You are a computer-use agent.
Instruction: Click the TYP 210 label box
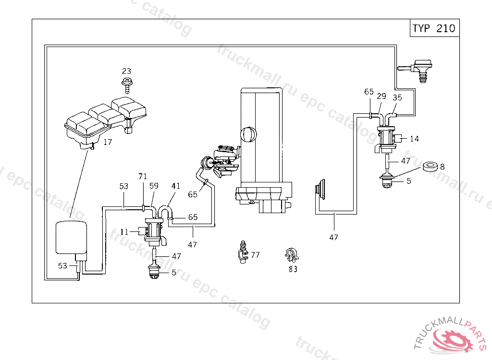tap(434, 28)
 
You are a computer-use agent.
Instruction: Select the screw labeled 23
tap(127, 85)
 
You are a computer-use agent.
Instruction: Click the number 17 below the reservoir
tap(108, 142)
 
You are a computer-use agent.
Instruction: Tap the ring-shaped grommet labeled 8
tap(430, 167)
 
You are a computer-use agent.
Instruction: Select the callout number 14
tap(415, 139)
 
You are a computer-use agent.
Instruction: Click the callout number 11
tap(124, 232)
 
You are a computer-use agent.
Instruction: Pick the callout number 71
tap(143, 176)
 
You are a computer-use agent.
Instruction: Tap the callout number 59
tap(154, 186)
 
